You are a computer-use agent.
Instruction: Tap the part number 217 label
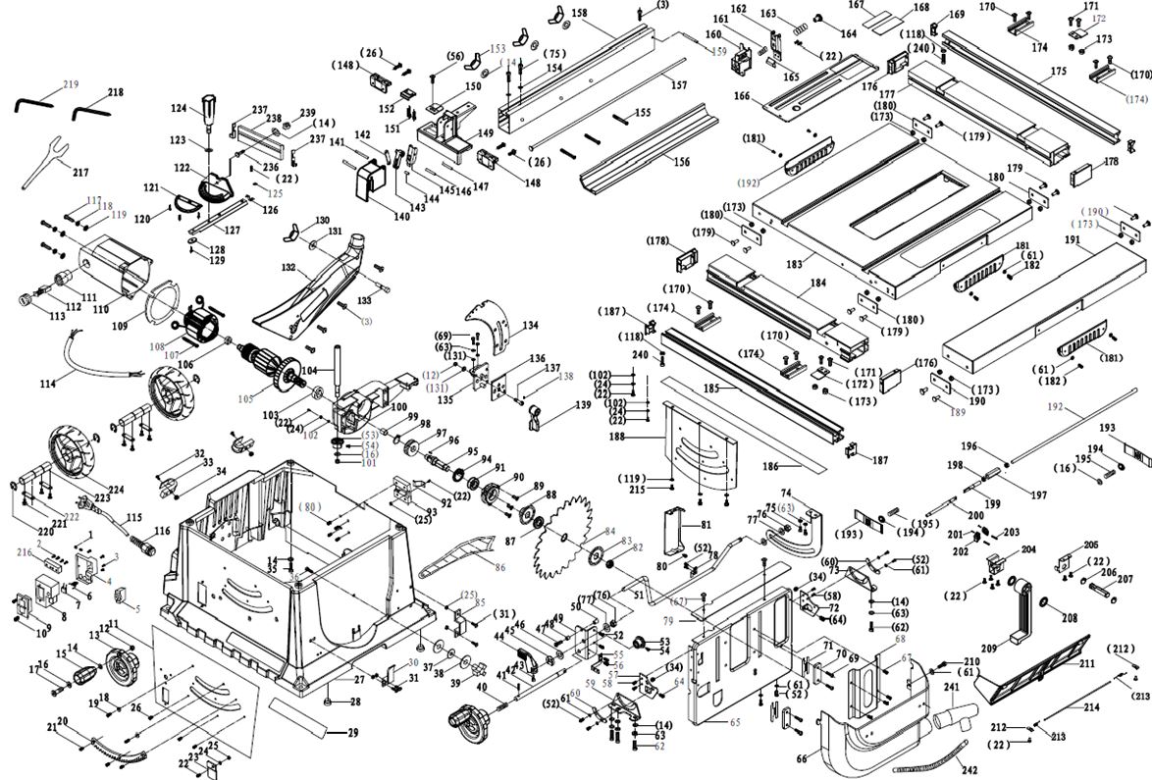pyautogui.click(x=80, y=173)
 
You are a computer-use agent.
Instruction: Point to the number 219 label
pyautogui.click(x=71, y=84)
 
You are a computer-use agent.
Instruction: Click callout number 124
pyautogui.click(x=179, y=108)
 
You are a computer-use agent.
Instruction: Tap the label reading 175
pyautogui.click(x=1057, y=72)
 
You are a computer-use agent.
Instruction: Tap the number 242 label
pyautogui.click(x=969, y=770)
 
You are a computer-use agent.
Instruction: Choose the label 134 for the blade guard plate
pyautogui.click(x=530, y=325)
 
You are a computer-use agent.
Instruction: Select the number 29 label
pyautogui.click(x=353, y=732)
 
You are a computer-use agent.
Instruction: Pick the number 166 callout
pyautogui.click(x=742, y=96)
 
